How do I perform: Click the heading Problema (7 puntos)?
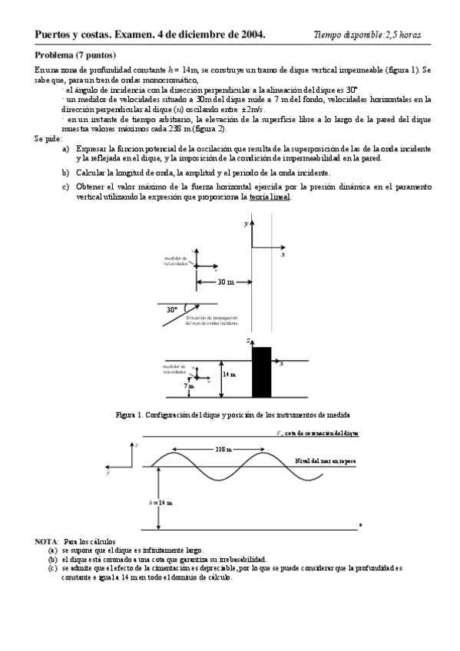click(x=75, y=55)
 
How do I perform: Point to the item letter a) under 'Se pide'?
click(x=66, y=148)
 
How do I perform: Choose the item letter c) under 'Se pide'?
click(x=66, y=187)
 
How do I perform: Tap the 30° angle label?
click(x=172, y=309)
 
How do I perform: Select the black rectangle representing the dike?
click(x=262, y=372)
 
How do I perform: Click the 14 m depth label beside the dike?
click(x=229, y=374)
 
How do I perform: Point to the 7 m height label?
click(x=187, y=387)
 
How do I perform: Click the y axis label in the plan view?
click(x=246, y=223)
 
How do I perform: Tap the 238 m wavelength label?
click(x=224, y=449)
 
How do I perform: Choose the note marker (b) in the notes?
click(x=53, y=560)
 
